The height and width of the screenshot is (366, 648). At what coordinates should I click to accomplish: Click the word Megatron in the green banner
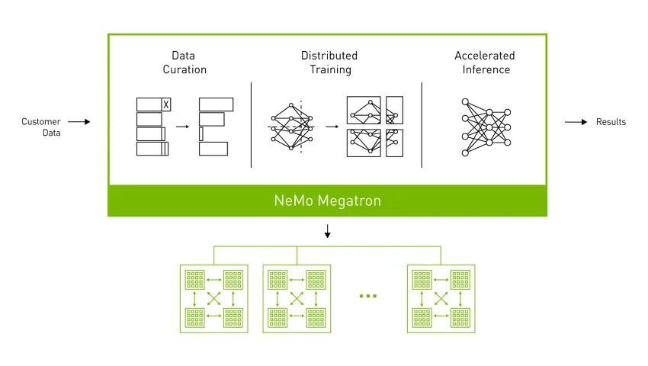349,201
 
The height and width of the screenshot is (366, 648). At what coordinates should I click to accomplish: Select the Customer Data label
41,127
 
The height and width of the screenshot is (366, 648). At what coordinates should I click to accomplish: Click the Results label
611,122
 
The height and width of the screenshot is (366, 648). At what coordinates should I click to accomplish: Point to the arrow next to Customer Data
79,121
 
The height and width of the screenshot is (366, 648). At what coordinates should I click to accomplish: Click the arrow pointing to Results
576,122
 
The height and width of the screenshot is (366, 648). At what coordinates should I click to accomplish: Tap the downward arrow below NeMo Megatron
327,231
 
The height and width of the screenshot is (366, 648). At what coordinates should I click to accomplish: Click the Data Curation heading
184,63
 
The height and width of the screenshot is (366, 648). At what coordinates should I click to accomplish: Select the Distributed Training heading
329,63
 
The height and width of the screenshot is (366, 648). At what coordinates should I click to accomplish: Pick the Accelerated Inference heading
485,63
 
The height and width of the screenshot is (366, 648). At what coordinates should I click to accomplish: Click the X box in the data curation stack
165,104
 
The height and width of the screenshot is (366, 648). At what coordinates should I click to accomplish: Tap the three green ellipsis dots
367,296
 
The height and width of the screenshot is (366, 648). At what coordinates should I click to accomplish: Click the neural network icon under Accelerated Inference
486,127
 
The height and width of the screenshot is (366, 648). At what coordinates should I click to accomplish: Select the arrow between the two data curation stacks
182,127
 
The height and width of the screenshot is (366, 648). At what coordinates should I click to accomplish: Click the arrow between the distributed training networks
332,127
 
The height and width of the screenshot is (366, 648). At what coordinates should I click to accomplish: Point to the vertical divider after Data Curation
252,125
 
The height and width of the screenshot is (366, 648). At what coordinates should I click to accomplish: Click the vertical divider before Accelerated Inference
422,125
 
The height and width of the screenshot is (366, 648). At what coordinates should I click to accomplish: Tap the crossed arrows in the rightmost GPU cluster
441,299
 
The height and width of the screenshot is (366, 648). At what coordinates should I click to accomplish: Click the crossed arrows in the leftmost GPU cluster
213,299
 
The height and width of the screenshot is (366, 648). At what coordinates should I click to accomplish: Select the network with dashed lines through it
292,127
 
